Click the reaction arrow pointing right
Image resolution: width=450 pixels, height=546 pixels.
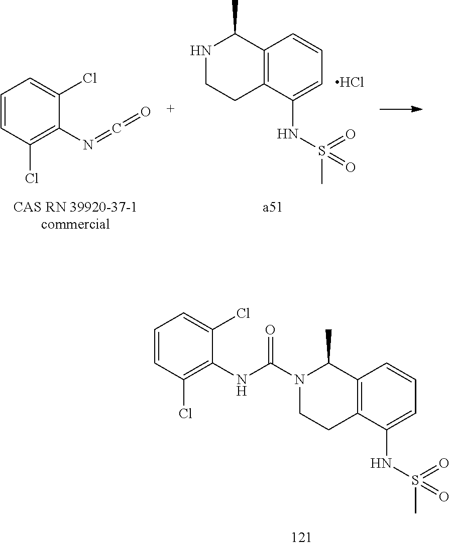[x=400, y=109]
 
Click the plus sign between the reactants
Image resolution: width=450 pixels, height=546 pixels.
[x=171, y=108]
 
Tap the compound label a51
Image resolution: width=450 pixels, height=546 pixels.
[x=272, y=207]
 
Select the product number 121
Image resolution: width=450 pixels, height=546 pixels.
[x=301, y=537]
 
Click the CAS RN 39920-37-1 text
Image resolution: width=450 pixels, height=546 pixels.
[x=75, y=207]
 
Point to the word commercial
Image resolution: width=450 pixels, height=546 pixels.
[x=75, y=224]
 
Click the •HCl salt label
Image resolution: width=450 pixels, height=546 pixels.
[x=350, y=83]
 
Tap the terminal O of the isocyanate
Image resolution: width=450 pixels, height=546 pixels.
[x=145, y=112]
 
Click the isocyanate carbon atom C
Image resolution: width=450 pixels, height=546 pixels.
[x=117, y=128]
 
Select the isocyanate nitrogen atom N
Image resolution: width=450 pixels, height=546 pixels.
[x=88, y=145]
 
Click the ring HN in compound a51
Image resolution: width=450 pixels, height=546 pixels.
[x=199, y=51]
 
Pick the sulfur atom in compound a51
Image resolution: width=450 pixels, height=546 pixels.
[x=322, y=150]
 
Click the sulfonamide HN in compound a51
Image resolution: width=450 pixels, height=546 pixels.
[x=287, y=134]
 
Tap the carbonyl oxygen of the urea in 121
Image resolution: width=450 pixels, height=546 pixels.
[x=270, y=330]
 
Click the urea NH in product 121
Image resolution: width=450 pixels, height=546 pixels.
[x=242, y=384]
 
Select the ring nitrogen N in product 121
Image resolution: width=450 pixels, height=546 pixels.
[x=300, y=381]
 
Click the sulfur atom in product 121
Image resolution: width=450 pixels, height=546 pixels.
[x=415, y=480]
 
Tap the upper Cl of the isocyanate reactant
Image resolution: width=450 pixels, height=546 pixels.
[x=89, y=79]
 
